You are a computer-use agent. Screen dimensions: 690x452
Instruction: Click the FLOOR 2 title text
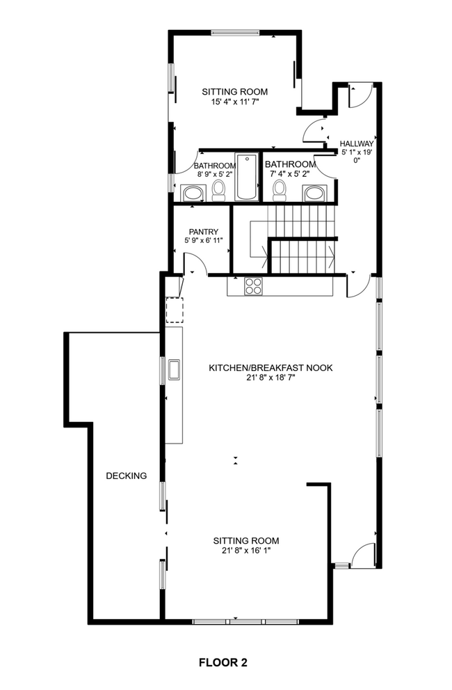click(x=223, y=662)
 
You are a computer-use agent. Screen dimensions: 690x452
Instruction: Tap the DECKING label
click(x=127, y=476)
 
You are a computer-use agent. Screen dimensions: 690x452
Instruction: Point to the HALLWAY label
click(x=357, y=144)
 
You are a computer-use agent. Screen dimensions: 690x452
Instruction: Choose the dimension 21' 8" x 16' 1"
click(x=245, y=551)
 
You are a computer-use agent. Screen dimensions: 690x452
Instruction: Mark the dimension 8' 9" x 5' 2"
click(x=209, y=175)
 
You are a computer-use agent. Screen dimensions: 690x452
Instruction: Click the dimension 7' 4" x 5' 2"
click(x=290, y=175)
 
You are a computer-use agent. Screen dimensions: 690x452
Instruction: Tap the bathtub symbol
click(x=246, y=178)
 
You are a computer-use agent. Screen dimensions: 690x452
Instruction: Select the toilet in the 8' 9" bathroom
click(x=219, y=189)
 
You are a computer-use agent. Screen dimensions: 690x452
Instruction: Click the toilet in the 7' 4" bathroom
click(x=280, y=189)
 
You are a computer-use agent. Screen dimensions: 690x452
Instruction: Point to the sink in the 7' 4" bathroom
click(x=315, y=192)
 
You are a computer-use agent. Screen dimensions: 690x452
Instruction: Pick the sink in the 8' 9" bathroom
click(x=191, y=193)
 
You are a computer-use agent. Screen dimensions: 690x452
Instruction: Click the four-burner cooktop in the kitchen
click(x=253, y=285)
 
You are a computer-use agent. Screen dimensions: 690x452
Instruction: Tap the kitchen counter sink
click(x=173, y=369)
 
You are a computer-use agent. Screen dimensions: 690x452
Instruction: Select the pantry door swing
click(x=193, y=263)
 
